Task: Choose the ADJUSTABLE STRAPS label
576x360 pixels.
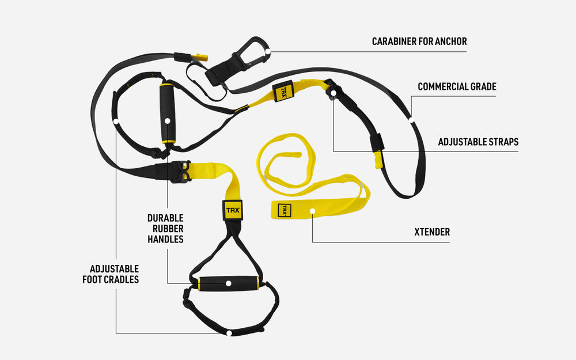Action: point(478,142)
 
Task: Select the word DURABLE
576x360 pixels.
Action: point(165,218)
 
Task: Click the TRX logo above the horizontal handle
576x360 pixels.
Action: point(233,210)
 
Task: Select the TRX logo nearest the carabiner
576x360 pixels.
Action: point(283,92)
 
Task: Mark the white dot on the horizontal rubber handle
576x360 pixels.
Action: point(229,284)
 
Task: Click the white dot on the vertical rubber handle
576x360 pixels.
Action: point(167,121)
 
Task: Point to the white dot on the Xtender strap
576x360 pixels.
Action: point(312,211)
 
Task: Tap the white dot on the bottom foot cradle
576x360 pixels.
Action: point(229,333)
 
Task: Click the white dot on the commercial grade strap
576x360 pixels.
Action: point(411,119)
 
